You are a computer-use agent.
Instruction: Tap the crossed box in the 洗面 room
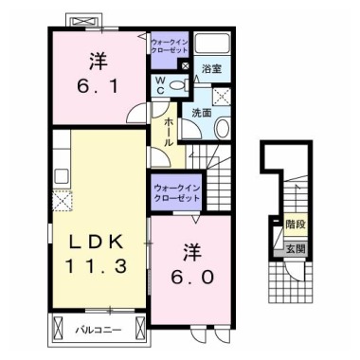pyautogui.click(x=222, y=96)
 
